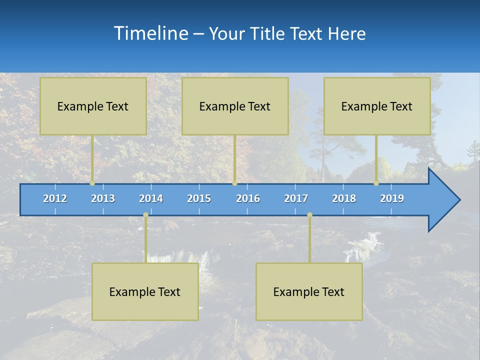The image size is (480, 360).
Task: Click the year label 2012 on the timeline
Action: point(55,198)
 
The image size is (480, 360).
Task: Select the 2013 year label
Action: point(103,198)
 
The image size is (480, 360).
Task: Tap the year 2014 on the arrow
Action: point(151,198)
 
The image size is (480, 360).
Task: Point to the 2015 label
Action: point(199,198)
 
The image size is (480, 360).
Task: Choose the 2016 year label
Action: point(248,198)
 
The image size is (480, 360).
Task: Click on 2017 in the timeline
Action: point(296,198)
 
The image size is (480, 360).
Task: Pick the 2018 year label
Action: point(344,198)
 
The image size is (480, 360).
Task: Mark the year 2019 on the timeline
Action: point(392,198)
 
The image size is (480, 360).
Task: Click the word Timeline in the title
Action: point(150,33)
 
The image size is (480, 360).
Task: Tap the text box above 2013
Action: point(93,106)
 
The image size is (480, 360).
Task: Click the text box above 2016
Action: point(235,106)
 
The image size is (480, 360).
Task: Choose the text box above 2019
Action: point(377,106)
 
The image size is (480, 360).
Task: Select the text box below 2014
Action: point(145,291)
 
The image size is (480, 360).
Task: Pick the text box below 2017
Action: point(309,291)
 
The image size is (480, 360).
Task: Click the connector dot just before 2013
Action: point(92,183)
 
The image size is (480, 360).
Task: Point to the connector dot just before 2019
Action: point(376,183)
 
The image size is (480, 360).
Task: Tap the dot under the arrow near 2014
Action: point(145,215)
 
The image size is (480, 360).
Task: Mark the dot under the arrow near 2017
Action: point(309,215)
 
